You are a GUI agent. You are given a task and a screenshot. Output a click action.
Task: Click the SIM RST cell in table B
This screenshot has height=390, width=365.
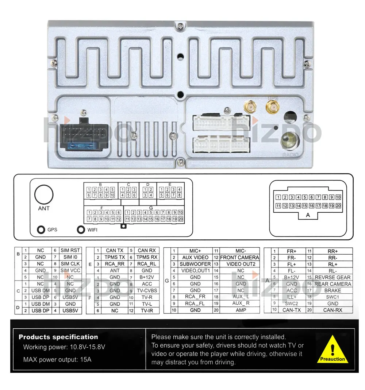70,250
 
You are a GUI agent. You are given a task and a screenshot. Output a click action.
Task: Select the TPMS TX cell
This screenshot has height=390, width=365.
115,257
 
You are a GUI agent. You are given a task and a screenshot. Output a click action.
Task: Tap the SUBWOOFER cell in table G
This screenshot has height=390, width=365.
195,264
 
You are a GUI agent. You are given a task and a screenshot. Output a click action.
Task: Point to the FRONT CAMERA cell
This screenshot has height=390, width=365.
239,257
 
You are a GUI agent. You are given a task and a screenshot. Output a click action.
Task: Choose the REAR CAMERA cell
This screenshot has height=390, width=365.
333,284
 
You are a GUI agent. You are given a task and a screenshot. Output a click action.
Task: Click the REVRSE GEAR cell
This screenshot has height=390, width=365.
333,277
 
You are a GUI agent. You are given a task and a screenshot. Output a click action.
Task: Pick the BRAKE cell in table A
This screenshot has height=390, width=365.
333,290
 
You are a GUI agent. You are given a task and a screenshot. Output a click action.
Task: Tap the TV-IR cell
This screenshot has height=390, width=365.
147,310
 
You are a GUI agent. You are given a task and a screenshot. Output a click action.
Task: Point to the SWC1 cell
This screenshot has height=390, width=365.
333,297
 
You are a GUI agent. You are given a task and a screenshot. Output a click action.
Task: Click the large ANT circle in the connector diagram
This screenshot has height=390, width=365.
44,194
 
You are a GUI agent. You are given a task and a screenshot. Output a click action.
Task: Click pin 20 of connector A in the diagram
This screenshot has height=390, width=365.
338,206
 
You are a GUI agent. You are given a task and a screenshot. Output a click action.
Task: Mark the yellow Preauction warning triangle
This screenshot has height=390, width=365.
332,349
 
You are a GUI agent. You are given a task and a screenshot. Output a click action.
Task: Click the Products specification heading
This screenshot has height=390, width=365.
58,337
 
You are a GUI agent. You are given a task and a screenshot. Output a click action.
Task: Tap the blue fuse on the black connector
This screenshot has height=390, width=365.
83,146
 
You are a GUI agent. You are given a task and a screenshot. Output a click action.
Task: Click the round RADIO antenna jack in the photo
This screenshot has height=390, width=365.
290,140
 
